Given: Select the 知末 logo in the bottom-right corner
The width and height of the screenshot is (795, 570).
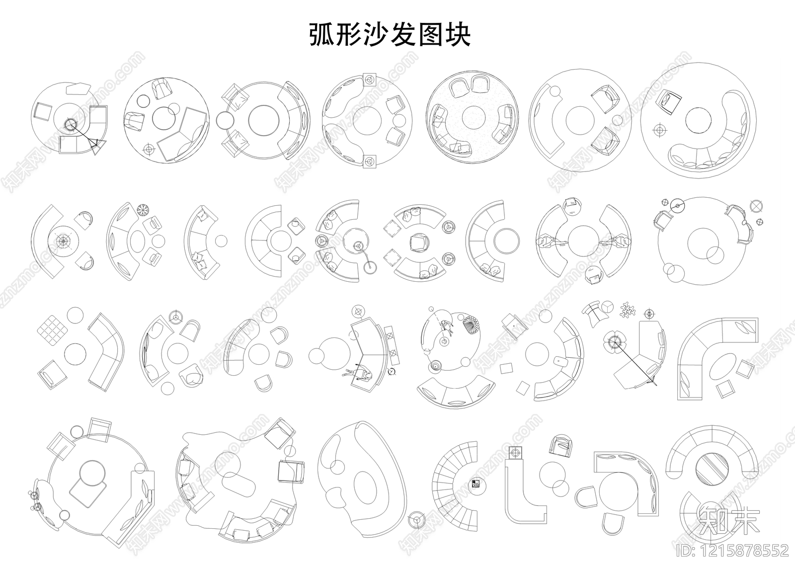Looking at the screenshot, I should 729,521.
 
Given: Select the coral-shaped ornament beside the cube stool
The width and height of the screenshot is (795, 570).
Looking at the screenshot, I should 629,311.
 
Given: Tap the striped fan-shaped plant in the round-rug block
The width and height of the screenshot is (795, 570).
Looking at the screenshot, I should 470,326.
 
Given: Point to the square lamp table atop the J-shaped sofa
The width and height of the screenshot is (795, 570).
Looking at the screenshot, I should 515,453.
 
